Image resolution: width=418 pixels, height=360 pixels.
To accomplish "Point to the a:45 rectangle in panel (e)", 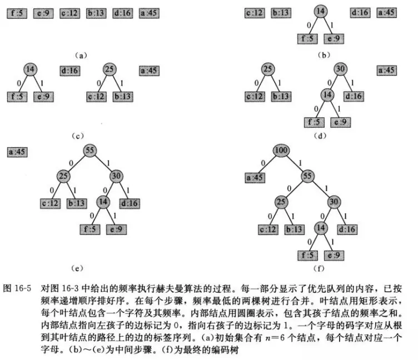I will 19,151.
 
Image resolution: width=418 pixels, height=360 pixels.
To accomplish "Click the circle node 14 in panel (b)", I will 319,12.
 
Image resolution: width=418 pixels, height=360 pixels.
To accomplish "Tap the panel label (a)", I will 81,55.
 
